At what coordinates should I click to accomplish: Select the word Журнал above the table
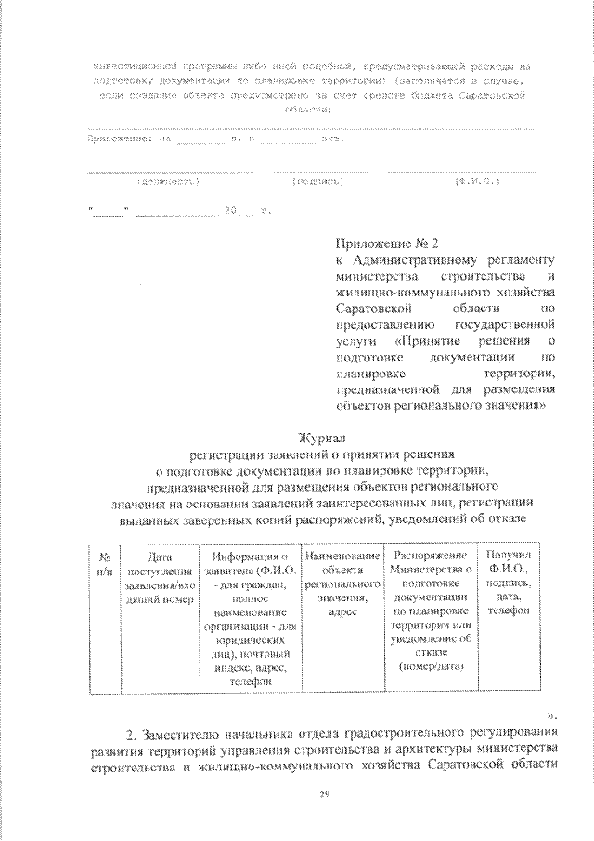[320, 438]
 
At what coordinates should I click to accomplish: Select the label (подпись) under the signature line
[318, 183]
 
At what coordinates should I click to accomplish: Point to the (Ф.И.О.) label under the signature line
[479, 183]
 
